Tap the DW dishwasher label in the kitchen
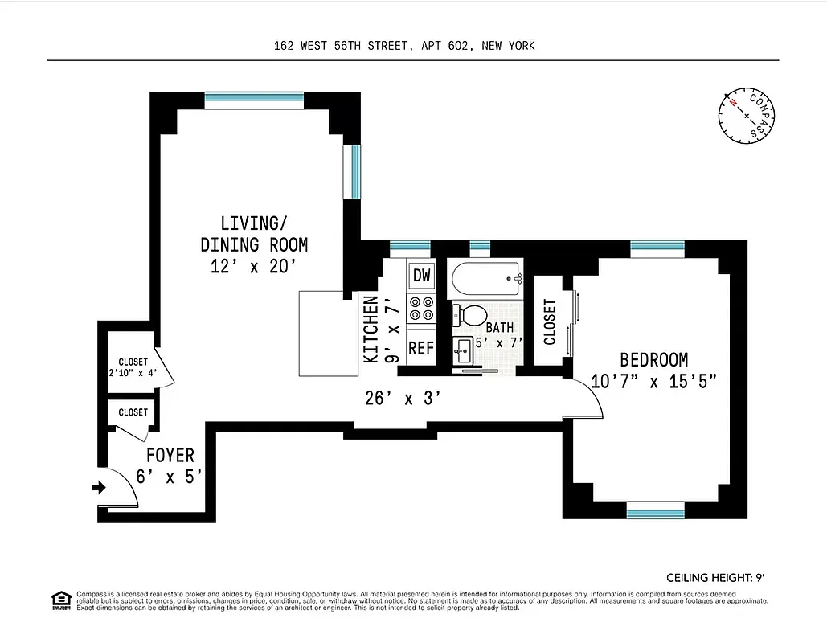(x=422, y=276)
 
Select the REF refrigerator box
(x=421, y=349)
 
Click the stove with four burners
(x=422, y=309)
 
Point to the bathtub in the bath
(x=485, y=280)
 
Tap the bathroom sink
(x=465, y=349)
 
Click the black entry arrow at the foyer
(x=100, y=487)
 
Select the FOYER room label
(x=170, y=457)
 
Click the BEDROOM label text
(x=653, y=360)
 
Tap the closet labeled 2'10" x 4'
(x=133, y=367)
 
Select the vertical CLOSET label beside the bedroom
(x=550, y=321)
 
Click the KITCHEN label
(x=371, y=330)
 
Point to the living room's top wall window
(x=253, y=100)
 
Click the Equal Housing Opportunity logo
(x=60, y=600)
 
